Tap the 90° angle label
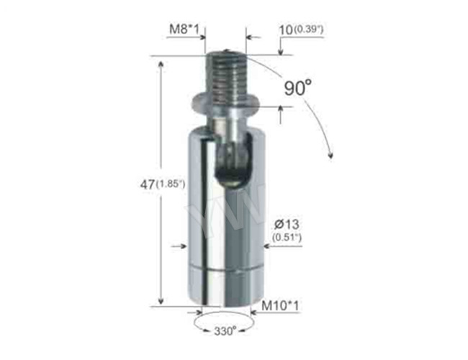click(x=297, y=88)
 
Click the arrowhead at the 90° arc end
click(x=330, y=154)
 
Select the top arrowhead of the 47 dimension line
click(x=161, y=63)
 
